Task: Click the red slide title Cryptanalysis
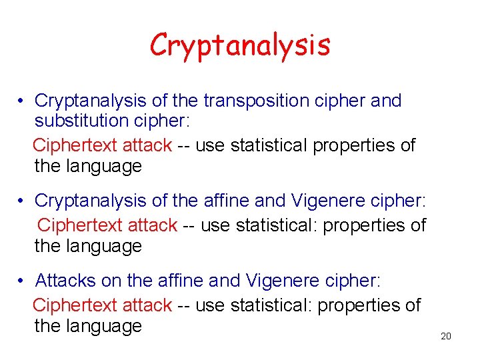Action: click(240, 45)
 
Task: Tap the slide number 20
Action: click(446, 336)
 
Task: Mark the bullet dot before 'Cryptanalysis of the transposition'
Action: click(22, 101)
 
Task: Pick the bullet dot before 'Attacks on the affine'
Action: click(22, 281)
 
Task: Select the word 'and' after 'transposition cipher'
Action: click(386, 101)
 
